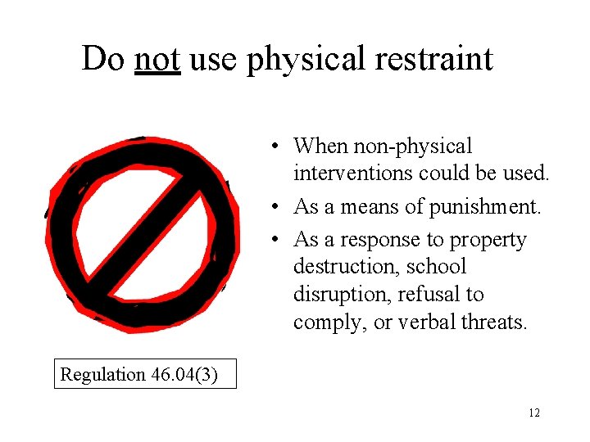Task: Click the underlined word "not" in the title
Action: tap(157, 59)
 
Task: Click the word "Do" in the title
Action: tap(103, 59)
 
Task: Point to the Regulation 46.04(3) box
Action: tap(145, 374)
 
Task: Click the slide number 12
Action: tap(534, 413)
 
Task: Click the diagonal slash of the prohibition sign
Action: tap(143, 233)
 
